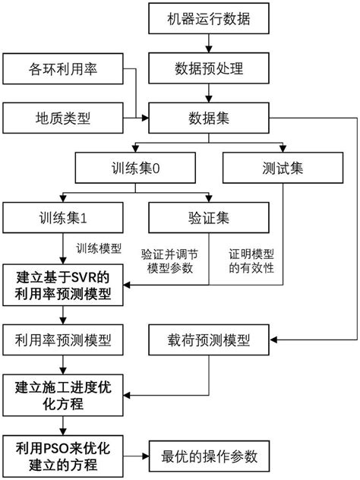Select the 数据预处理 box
tap(207, 70)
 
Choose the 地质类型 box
tap(62, 118)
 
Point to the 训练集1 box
tap(62, 219)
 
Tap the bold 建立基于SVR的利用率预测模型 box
tap(62, 284)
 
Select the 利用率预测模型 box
tap(62, 336)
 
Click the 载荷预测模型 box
tap(207, 336)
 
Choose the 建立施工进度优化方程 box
tap(62, 393)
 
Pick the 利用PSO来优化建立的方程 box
tap(62, 456)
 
